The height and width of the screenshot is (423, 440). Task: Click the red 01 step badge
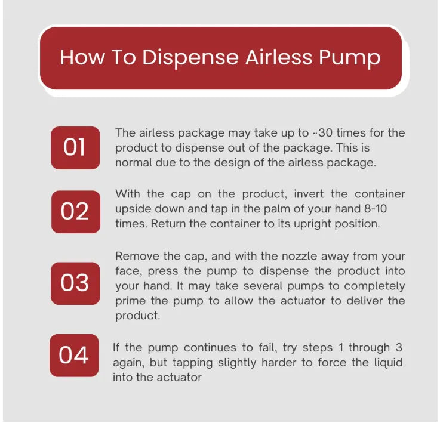(x=75, y=148)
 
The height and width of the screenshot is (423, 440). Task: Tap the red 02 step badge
(x=76, y=212)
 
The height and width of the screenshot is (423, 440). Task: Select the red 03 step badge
(x=75, y=283)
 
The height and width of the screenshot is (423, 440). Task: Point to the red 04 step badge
(x=74, y=356)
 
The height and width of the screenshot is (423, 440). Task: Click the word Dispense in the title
(x=190, y=58)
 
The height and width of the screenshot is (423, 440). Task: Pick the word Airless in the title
(x=279, y=57)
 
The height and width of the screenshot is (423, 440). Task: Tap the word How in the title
(x=82, y=58)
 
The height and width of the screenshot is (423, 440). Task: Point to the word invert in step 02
(x=309, y=194)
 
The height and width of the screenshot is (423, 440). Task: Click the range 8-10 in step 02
(x=376, y=209)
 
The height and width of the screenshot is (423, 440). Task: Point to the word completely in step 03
(x=374, y=286)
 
